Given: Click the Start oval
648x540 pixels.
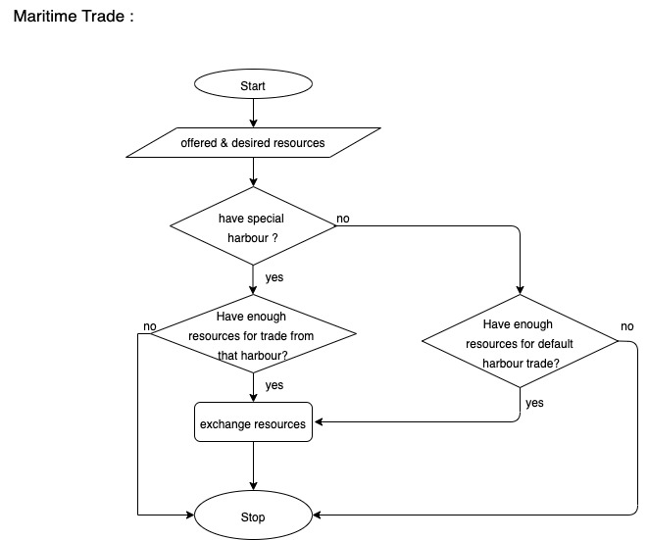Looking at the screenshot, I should click(253, 86).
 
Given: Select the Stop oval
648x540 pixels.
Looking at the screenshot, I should click(253, 516).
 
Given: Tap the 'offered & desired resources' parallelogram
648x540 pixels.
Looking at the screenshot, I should click(253, 143).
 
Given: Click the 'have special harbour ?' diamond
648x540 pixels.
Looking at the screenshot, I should click(253, 227).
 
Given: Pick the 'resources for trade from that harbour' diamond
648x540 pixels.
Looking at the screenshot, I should click(253, 335).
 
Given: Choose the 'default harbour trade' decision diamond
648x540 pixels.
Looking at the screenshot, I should click(520, 343).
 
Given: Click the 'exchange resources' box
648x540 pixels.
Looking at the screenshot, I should click(253, 424).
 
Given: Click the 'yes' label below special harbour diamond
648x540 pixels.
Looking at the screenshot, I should click(274, 277).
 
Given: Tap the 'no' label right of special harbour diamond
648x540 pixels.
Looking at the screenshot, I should click(343, 218).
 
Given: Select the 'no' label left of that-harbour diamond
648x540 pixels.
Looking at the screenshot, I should click(150, 326).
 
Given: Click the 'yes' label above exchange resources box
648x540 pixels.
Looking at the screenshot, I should click(274, 385).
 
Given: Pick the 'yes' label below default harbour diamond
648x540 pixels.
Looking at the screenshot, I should click(534, 403).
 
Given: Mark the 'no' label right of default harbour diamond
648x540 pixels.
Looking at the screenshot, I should click(626, 326).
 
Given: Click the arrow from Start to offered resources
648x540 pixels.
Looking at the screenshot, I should click(253, 113).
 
